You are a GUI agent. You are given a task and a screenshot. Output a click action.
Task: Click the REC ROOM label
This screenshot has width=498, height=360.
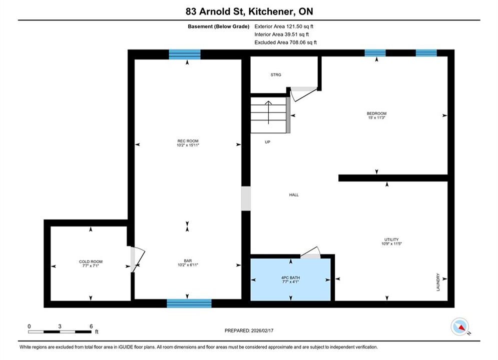pos(188,141)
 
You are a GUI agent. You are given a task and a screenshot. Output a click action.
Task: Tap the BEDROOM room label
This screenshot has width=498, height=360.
pos(377,113)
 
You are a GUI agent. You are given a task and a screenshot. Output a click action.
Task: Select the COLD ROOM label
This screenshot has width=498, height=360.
pos(91,261)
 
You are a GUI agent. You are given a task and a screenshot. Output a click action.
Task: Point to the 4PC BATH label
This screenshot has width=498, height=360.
pos(290,277)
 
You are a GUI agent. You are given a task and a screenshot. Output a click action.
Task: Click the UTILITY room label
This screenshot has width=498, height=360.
pos(391,239)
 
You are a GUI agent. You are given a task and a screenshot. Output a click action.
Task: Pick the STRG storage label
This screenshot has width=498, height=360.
pos(276,75)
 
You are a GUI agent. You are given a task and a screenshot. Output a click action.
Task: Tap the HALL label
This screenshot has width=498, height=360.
pos(294,194)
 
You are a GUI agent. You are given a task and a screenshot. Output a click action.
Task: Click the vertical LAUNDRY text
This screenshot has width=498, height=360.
pos(438,282)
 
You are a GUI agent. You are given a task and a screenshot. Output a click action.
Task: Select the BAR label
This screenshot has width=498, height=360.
pos(188,260)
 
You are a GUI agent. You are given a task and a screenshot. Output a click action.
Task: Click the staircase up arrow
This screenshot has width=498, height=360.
pos(268,112)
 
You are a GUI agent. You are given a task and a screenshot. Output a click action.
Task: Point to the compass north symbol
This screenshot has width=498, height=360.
pos(460,326)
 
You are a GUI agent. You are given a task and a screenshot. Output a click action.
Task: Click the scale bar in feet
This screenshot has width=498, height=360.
pos(60,332)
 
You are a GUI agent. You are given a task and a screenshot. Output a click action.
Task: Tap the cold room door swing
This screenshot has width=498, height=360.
pos(138,259)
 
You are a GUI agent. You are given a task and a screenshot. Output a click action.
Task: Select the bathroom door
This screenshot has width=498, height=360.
pos(311,252)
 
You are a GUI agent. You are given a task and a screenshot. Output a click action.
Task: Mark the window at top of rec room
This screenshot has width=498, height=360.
pos(185,54)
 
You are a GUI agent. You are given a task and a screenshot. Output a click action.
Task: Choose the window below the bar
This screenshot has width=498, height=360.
pos(189,303)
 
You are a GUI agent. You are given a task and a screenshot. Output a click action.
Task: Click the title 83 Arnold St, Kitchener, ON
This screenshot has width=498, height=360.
pos(249,11)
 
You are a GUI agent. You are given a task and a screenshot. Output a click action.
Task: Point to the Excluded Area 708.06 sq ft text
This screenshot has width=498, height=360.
pos(285,42)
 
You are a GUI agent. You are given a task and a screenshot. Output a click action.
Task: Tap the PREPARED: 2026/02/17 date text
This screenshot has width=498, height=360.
pos(249,330)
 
